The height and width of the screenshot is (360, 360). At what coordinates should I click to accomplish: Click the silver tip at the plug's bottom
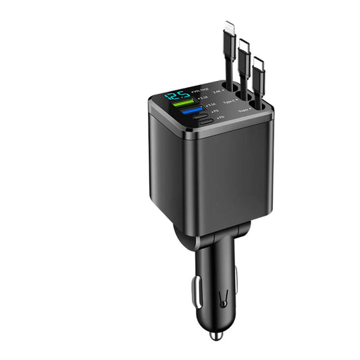(215, 336)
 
